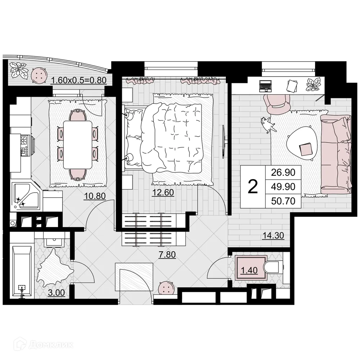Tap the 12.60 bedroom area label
pyautogui.click(x=163, y=193)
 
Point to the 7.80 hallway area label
pyautogui.click(x=167, y=255)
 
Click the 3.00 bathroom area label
pyautogui.click(x=57, y=293)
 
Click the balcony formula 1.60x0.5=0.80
pyautogui.click(x=79, y=80)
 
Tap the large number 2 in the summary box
pyautogui.click(x=253, y=187)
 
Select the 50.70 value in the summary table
pyautogui.click(x=283, y=201)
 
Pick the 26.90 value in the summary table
pyautogui.click(x=283, y=172)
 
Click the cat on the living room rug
pyautogui.click(x=268, y=124)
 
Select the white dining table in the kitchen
pyautogui.click(x=78, y=144)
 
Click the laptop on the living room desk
pyautogui.click(x=266, y=86)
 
